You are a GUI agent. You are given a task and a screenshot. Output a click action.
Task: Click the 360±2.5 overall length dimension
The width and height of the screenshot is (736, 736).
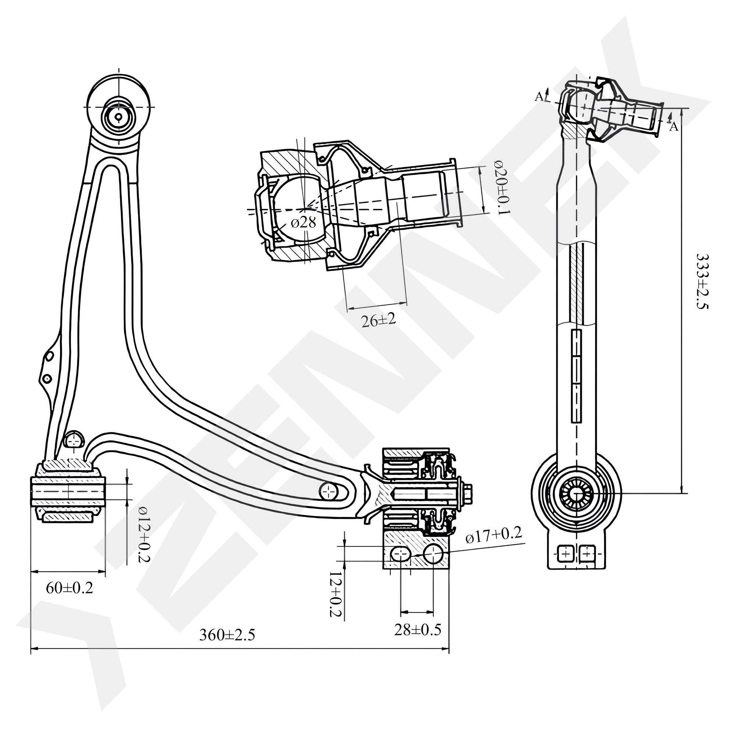pyautogui.click(x=227, y=635)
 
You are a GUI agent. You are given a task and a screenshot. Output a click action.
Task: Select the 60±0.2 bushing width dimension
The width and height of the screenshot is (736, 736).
pyautogui.click(x=69, y=588)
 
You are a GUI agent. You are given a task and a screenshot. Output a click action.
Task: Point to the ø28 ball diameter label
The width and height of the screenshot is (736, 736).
pyautogui.click(x=303, y=223)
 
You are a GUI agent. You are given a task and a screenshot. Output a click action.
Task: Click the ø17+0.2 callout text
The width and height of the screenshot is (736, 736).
pyautogui.click(x=493, y=535)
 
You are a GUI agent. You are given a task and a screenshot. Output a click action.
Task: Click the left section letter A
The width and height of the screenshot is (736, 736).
pyautogui.click(x=539, y=97)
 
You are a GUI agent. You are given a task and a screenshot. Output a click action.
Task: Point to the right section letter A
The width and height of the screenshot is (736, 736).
pyautogui.click(x=674, y=127)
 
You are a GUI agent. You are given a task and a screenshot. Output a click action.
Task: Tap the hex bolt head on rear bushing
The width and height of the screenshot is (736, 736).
pyautogui.click(x=468, y=494)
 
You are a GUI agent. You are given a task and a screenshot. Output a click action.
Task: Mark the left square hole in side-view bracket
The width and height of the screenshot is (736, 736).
pyautogui.click(x=566, y=553)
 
